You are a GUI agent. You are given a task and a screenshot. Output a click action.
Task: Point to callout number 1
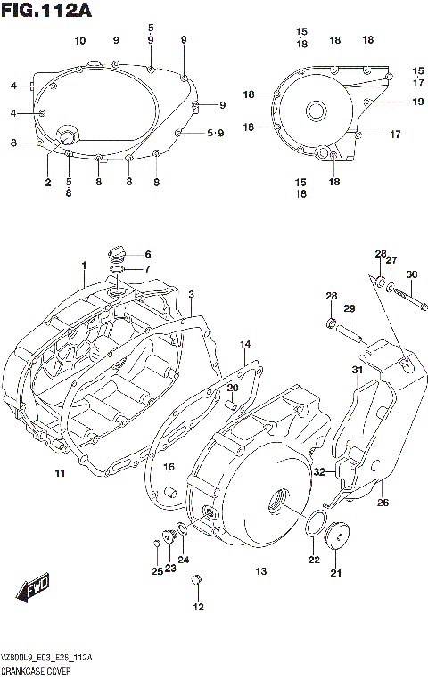(x=83, y=266)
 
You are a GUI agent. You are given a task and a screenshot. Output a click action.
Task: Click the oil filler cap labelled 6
(x=114, y=252)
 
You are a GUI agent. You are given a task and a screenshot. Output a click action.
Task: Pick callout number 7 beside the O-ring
(x=148, y=269)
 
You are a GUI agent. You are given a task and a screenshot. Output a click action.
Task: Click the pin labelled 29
(x=349, y=332)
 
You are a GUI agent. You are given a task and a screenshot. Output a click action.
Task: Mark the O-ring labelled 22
(x=313, y=527)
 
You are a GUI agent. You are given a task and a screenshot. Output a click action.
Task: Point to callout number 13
(x=261, y=571)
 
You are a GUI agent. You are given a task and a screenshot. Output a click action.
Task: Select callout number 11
(x=59, y=472)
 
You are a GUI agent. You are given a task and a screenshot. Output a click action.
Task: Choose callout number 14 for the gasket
(x=245, y=344)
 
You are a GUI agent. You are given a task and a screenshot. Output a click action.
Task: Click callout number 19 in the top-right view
(x=417, y=102)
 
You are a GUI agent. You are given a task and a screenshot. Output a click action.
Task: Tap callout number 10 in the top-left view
(x=80, y=41)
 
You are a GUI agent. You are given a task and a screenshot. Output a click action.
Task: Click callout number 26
(x=383, y=503)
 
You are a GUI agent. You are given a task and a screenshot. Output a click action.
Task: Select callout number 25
(x=157, y=571)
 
